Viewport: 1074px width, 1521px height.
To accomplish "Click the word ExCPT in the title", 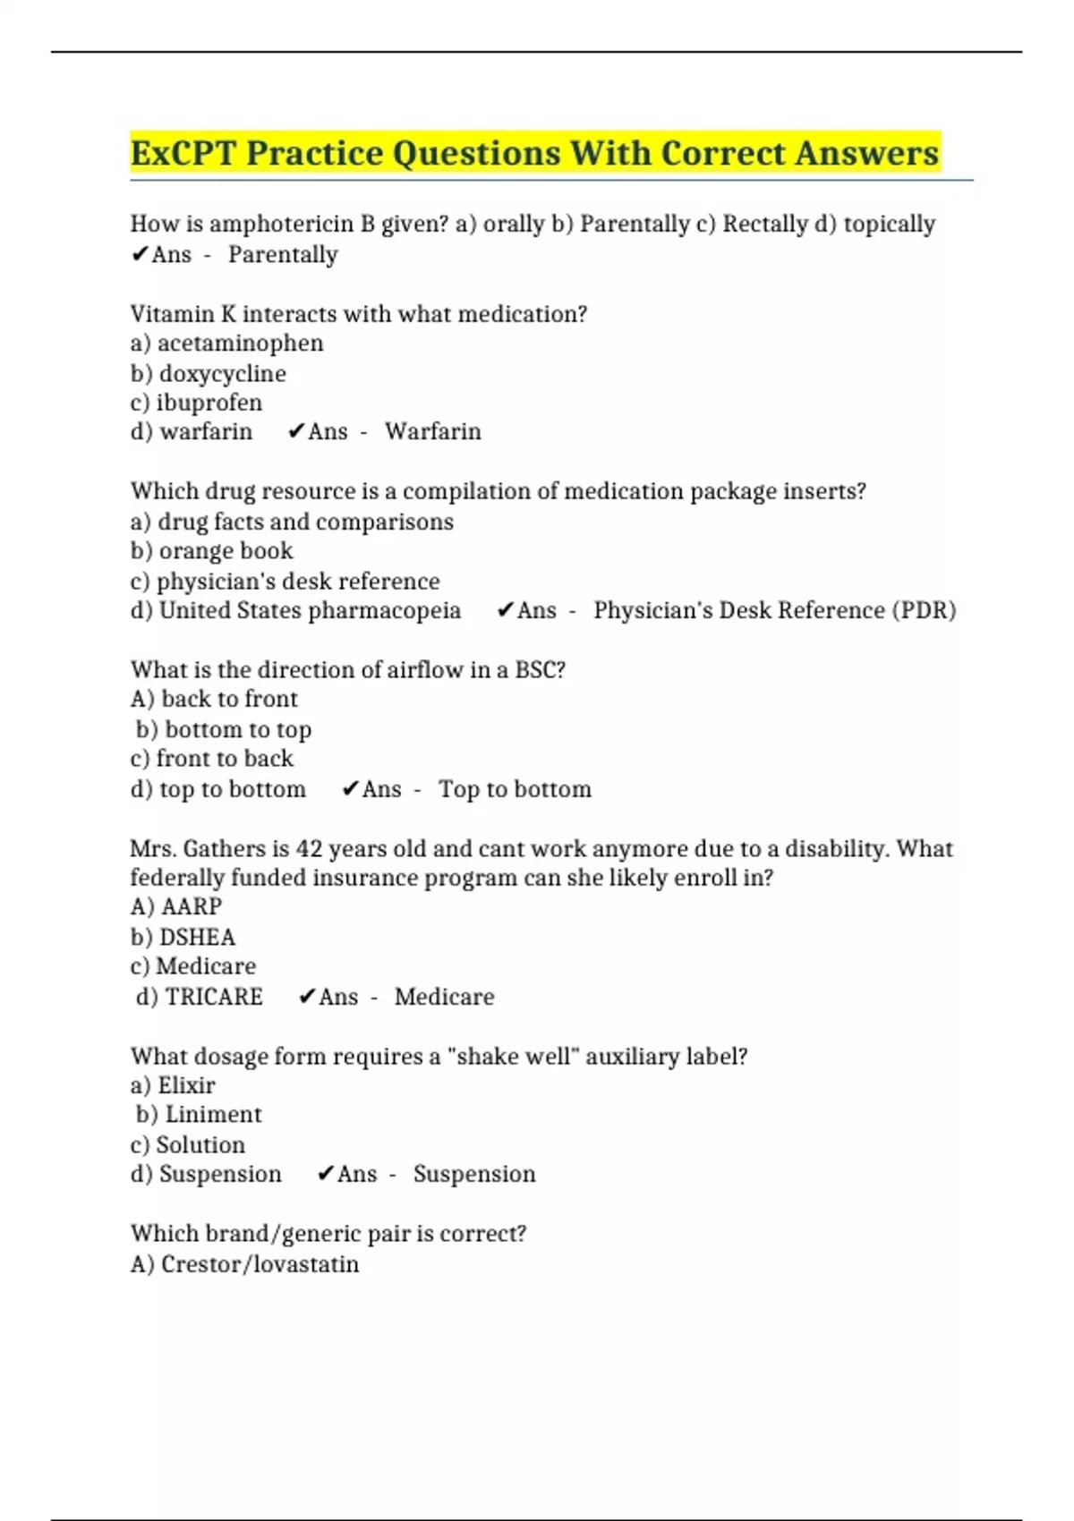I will coord(183,154).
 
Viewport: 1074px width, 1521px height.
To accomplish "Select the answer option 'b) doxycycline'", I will coord(208,373).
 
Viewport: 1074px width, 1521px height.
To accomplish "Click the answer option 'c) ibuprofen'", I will coord(196,403).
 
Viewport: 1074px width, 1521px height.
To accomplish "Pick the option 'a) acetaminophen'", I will coord(226,344).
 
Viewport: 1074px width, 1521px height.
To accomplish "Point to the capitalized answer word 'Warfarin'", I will coord(433,432).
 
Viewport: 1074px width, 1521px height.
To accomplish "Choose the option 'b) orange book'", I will coord(211,551).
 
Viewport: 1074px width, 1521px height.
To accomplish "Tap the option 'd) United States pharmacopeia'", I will coord(295,611).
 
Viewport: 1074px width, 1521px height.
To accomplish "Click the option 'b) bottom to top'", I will coord(224,730).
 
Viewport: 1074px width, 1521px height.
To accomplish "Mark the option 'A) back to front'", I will coord(214,700).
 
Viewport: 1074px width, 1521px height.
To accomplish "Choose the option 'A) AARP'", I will coord(175,907).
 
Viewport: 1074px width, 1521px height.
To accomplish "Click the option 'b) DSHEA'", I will coord(183,938).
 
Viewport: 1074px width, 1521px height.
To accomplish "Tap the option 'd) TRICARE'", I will coord(199,997).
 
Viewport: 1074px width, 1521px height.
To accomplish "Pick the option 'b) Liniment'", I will coord(199,1115).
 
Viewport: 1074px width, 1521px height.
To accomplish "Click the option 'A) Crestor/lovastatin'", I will coord(244,1264).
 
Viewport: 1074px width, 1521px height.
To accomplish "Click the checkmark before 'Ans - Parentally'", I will coord(140,256).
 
